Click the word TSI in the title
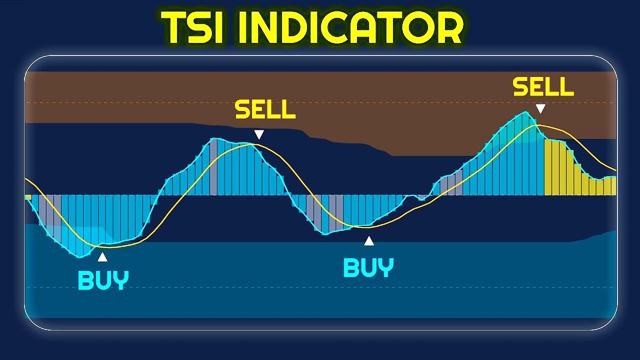pyautogui.click(x=192, y=27)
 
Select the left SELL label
pyautogui.click(x=265, y=110)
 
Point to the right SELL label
pyautogui.click(x=543, y=87)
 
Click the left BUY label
pyautogui.click(x=103, y=280)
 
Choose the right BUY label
pyautogui.click(x=368, y=268)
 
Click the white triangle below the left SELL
pyautogui.click(x=258, y=134)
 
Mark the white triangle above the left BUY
pyautogui.click(x=102, y=257)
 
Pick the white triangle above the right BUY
pyautogui.click(x=369, y=241)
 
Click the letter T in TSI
pyautogui.click(x=172, y=27)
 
